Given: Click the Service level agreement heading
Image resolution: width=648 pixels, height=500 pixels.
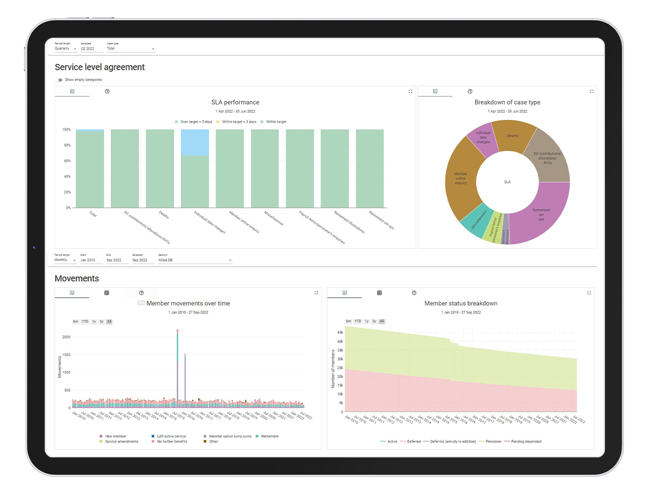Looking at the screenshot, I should click(x=100, y=67).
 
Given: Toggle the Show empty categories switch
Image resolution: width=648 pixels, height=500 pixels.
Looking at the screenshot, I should click(x=59, y=80).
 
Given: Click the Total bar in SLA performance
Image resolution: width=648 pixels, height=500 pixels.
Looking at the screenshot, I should click(x=90, y=169).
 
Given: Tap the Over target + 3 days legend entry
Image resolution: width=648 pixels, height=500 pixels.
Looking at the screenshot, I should click(x=193, y=122).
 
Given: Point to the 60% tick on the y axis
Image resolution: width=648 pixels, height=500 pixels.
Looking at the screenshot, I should click(x=67, y=161).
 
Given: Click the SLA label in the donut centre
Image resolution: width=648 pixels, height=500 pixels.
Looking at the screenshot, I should click(x=507, y=182).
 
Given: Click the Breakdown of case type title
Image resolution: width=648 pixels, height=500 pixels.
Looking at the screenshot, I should click(x=507, y=102).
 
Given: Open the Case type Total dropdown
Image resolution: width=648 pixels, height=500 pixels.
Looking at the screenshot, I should click(x=131, y=49).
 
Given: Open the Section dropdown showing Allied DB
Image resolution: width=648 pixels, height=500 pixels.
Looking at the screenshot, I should click(x=195, y=260).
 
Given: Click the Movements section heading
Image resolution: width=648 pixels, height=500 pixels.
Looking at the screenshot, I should click(x=77, y=278).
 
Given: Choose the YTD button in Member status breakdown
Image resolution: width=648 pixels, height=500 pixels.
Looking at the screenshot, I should click(x=358, y=321).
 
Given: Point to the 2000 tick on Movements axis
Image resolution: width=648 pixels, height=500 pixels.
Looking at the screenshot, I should click(x=66, y=337).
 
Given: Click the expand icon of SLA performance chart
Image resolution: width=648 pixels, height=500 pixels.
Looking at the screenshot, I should click(x=410, y=92).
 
